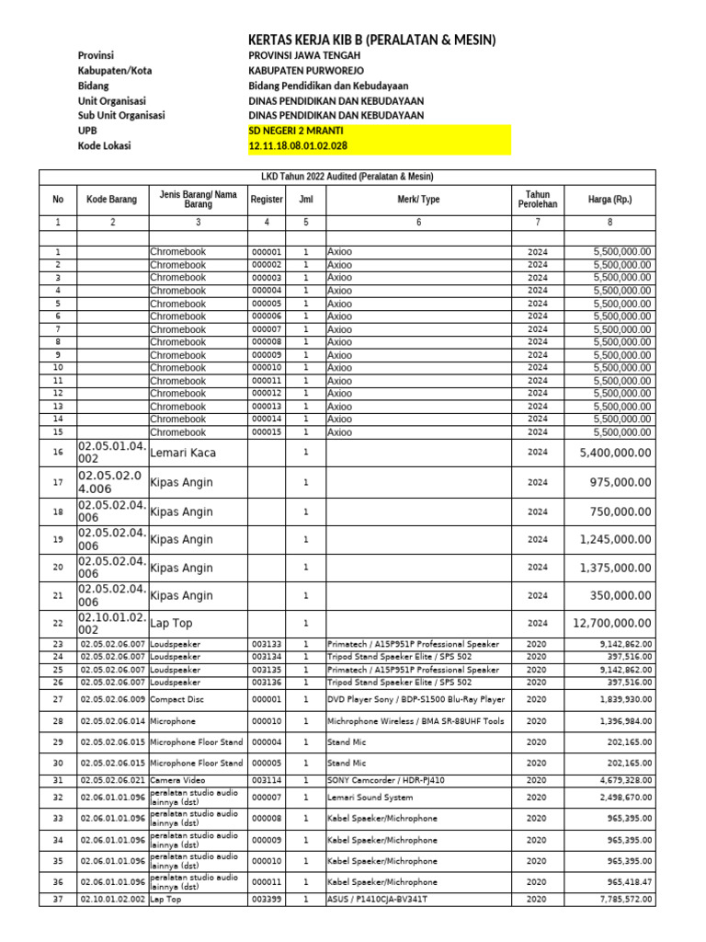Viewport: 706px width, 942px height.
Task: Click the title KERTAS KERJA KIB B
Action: (x=372, y=40)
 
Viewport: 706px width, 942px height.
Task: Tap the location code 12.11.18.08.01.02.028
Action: (x=298, y=146)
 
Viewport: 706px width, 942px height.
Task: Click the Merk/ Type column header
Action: (x=418, y=200)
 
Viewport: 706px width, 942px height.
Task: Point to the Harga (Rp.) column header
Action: (x=609, y=200)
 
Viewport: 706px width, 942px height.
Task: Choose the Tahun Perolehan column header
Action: (x=537, y=200)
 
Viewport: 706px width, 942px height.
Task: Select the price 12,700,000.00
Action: (x=615, y=624)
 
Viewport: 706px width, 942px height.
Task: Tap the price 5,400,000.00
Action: (x=615, y=453)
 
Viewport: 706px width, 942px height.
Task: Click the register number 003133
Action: (x=266, y=645)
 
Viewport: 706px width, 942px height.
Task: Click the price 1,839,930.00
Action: (x=625, y=699)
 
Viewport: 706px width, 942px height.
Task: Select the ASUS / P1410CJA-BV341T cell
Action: (x=378, y=900)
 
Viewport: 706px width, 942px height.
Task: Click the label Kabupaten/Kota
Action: (x=116, y=71)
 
